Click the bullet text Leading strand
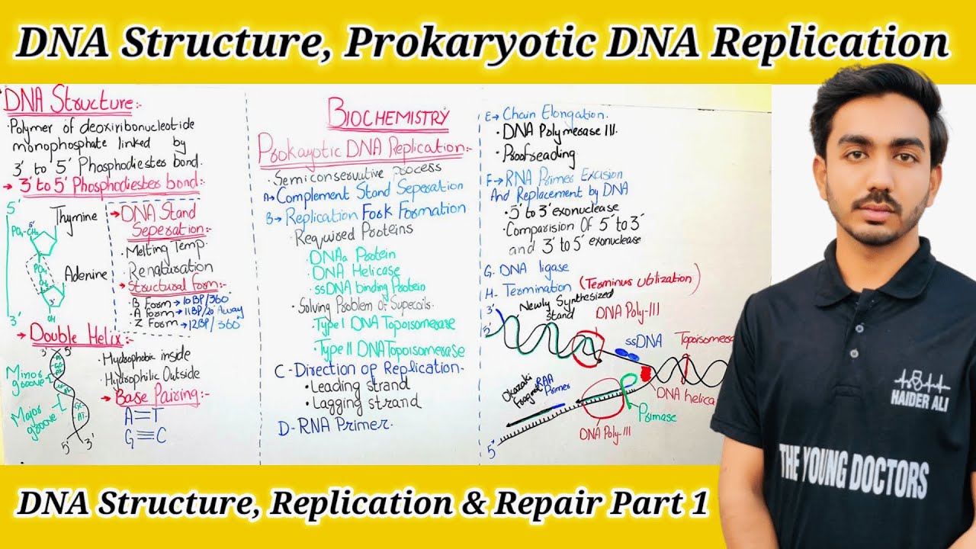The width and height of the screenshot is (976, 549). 360,386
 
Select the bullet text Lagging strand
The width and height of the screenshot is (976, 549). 363,403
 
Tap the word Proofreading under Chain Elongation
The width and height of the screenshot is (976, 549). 539,153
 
